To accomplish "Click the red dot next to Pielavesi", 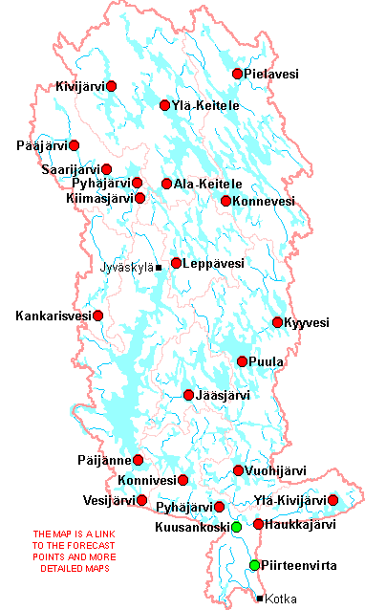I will (238, 74).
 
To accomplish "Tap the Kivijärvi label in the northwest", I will (80, 87).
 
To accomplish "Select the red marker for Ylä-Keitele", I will (164, 105).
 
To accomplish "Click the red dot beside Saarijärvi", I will (107, 169).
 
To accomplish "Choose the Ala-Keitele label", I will (207, 184).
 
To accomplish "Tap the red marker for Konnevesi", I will (225, 201).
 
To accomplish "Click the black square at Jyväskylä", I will (159, 269).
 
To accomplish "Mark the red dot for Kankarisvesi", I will (97, 315).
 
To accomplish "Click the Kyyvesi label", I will (307, 323).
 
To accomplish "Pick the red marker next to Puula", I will (242, 361).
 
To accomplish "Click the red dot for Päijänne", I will (138, 460).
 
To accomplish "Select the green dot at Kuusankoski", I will (236, 527).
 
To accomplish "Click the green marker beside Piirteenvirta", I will (254, 566).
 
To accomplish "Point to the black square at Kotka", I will (260, 599).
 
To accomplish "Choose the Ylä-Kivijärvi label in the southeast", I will (290, 500).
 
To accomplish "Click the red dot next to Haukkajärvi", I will (258, 524).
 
